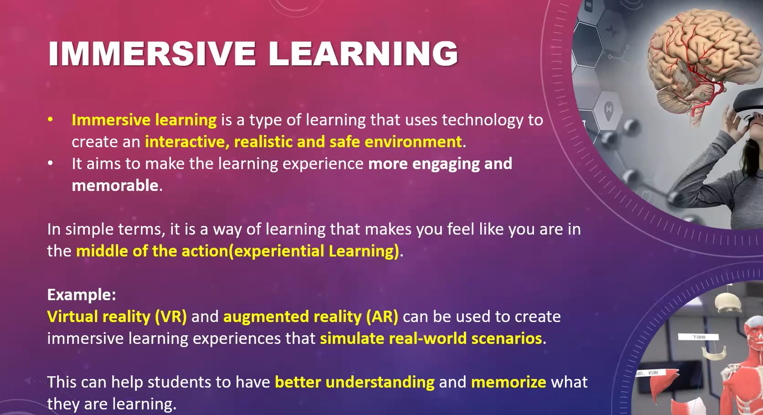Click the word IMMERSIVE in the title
[152, 53]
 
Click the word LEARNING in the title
[363, 53]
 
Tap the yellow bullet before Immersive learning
[50, 120]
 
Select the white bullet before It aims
[50, 163]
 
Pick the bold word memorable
[115, 185]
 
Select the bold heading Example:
[81, 295]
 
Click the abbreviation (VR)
[171, 316]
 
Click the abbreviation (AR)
[382, 316]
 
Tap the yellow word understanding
[380, 382]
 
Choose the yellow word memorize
[509, 382]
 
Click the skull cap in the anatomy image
[728, 303]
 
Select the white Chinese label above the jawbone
[698, 337]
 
